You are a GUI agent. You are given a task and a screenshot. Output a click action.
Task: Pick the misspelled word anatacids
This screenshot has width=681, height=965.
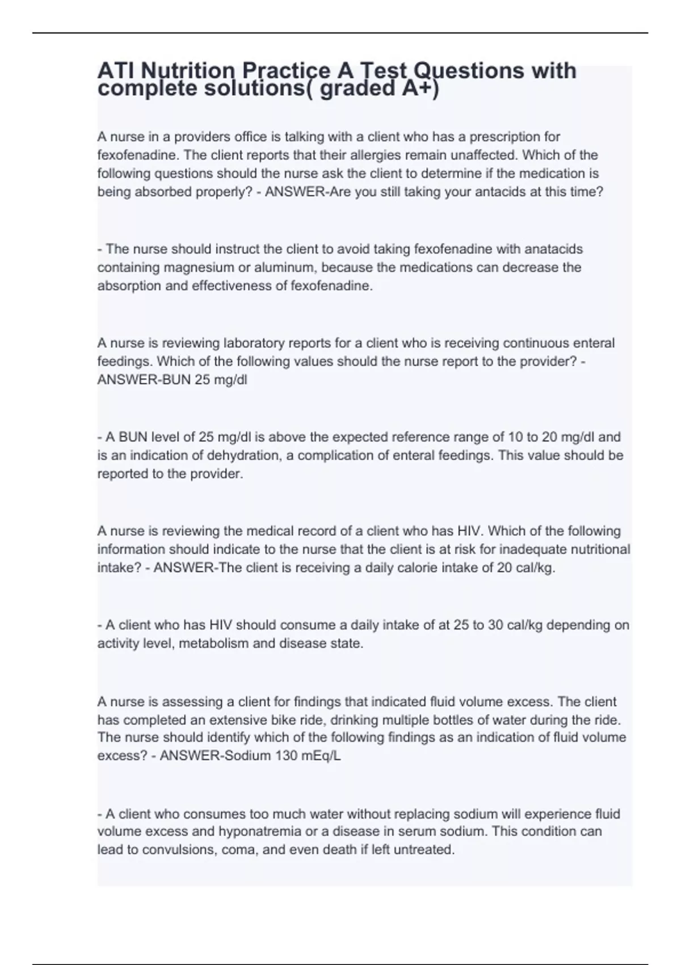(554, 249)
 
